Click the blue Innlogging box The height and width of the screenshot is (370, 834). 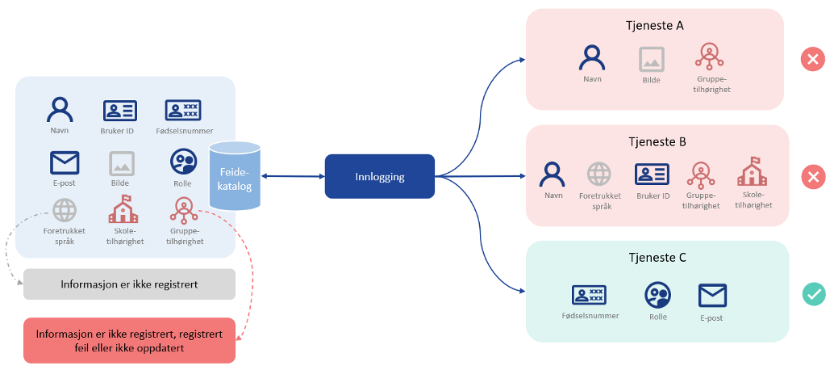(379, 176)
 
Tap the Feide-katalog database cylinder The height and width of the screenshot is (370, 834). (236, 176)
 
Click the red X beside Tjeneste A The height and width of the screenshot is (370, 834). (812, 59)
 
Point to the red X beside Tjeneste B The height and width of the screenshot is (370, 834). (813, 176)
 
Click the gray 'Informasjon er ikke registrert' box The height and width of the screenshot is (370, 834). (129, 284)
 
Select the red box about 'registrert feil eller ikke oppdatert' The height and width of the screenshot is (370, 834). (129, 340)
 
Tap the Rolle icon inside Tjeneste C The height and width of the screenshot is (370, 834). (657, 295)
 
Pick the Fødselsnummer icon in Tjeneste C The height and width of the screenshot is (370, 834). (589, 295)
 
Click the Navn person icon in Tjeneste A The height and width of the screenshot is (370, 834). (593, 57)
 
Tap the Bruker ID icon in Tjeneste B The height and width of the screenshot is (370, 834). (653, 174)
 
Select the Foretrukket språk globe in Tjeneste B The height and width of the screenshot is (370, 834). (598, 174)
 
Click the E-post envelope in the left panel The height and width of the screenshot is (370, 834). (65, 162)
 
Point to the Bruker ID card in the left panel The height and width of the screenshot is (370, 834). (119, 111)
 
